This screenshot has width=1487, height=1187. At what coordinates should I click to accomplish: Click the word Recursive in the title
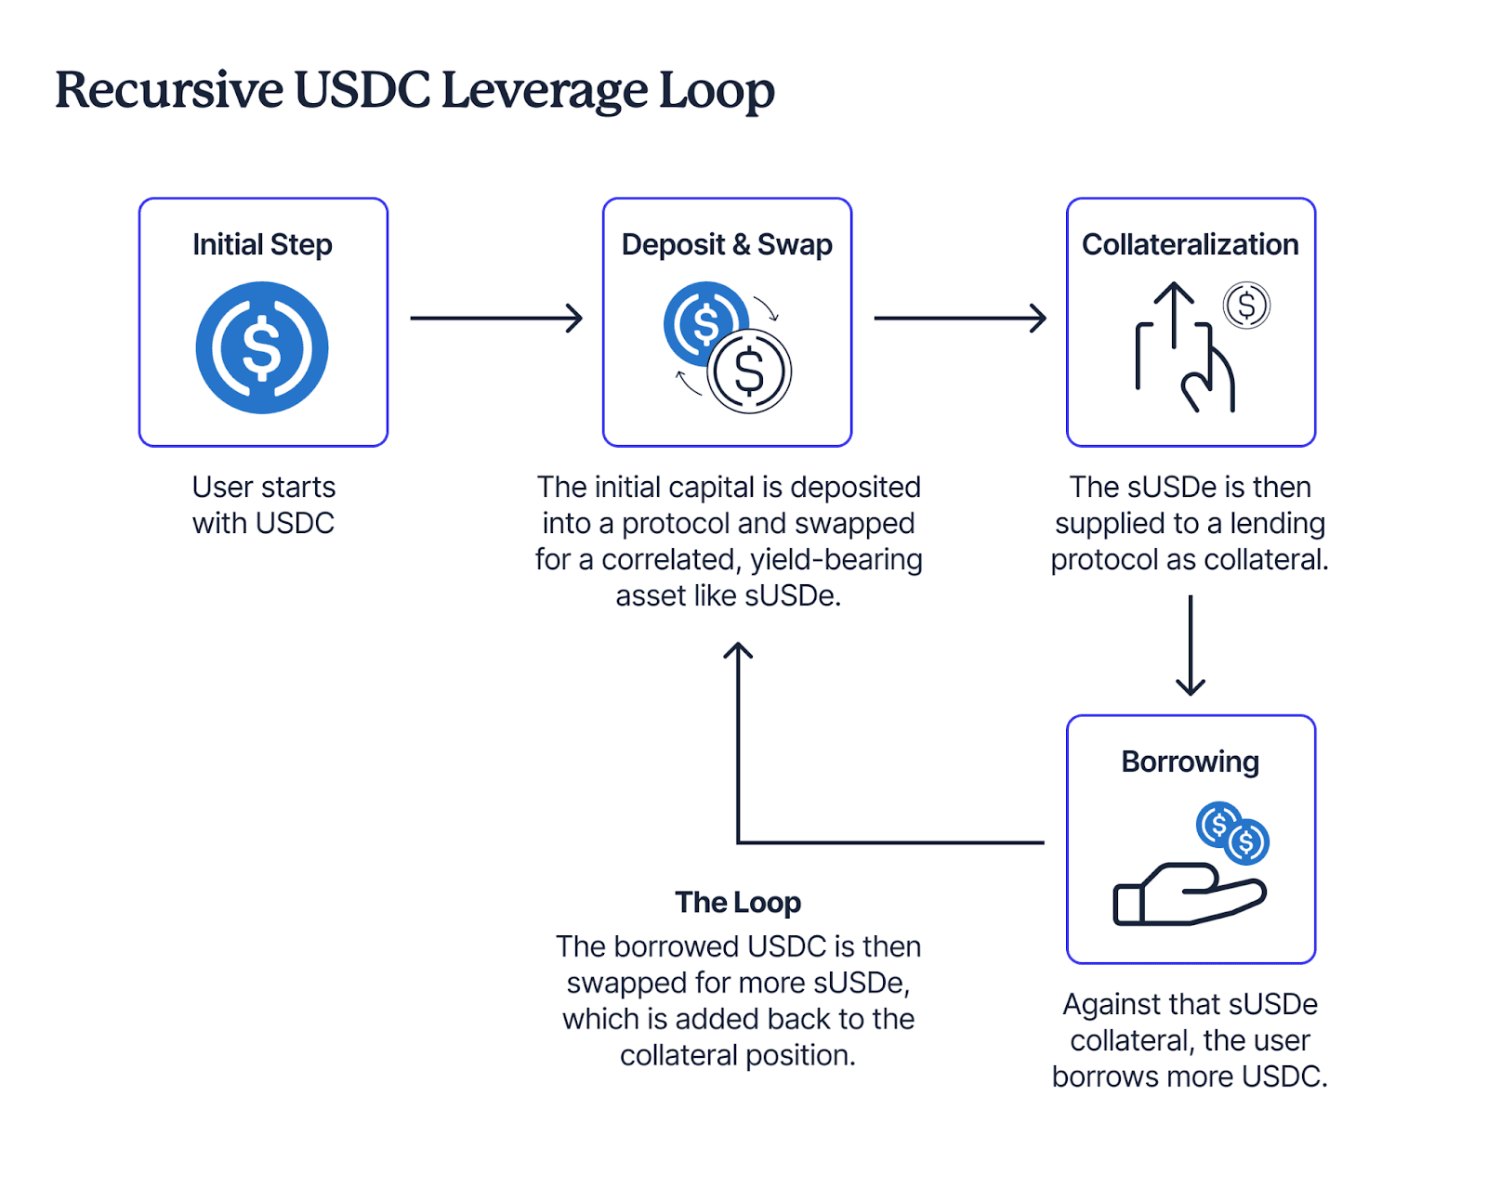[169, 90]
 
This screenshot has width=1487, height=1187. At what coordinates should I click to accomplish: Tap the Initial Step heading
[263, 245]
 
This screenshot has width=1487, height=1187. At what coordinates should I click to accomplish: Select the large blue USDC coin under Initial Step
[262, 347]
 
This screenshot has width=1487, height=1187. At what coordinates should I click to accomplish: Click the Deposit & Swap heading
[727, 244]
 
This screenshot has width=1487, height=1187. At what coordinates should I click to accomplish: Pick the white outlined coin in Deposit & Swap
[749, 372]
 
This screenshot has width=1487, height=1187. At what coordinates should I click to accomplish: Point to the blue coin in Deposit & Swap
[704, 323]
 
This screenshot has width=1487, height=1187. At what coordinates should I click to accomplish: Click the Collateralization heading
[1191, 244]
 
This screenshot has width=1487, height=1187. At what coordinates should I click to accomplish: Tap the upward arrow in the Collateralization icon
[1173, 314]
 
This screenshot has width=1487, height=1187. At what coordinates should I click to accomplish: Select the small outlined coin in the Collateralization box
[1246, 306]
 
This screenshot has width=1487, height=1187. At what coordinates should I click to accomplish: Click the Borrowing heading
[1191, 763]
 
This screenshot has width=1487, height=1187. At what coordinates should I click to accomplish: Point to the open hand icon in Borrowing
[1190, 894]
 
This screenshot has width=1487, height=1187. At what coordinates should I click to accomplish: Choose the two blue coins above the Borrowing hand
[1232, 833]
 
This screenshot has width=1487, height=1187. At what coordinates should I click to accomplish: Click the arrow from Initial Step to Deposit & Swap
[497, 319]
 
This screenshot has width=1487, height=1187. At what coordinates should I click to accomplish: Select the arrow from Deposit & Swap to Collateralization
[960, 319]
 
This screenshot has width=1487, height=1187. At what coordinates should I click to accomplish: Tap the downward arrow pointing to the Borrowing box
[1191, 646]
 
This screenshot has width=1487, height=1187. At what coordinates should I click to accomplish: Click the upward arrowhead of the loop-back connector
[738, 649]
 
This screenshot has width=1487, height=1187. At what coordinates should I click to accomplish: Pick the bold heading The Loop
[738, 903]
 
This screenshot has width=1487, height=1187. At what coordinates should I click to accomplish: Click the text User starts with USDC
[263, 504]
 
